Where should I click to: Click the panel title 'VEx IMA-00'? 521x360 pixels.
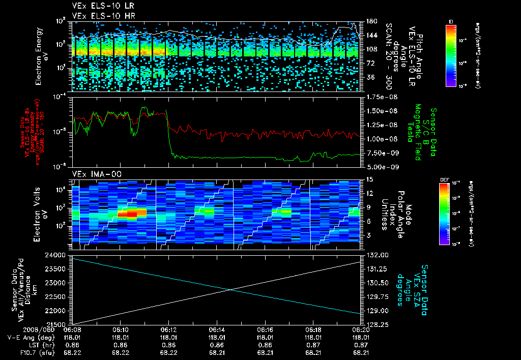(90, 174)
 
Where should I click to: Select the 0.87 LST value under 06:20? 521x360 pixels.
(360, 345)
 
